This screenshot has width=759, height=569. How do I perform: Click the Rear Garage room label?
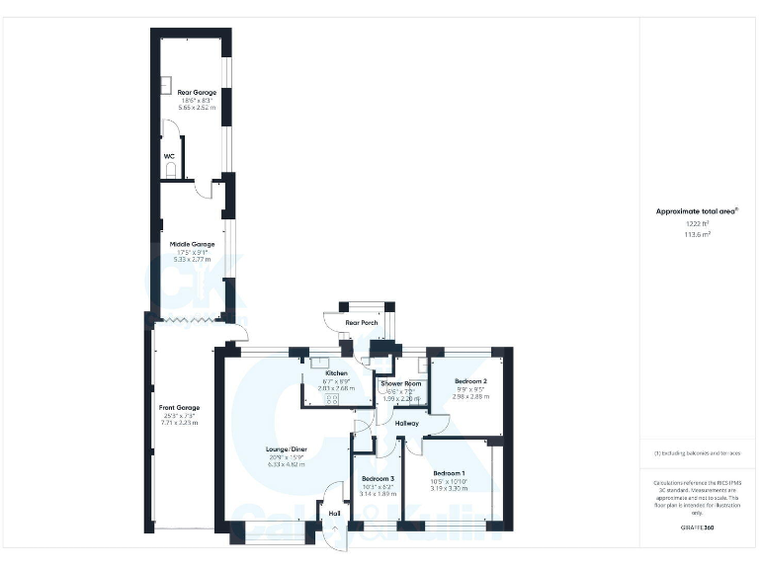(x=190, y=92)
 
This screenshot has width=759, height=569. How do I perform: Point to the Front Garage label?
(x=179, y=407)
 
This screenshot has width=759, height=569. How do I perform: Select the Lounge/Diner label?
(x=287, y=449)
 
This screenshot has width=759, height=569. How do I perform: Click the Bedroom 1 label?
(x=449, y=473)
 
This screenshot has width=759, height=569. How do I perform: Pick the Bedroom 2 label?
(x=470, y=380)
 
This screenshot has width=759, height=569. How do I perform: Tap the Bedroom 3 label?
(x=377, y=478)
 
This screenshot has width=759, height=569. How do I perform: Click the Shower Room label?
(x=401, y=383)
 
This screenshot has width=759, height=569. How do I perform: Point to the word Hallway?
(x=407, y=423)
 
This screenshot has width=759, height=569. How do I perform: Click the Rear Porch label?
(x=361, y=323)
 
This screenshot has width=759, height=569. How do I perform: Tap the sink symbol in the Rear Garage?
(x=166, y=84)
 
